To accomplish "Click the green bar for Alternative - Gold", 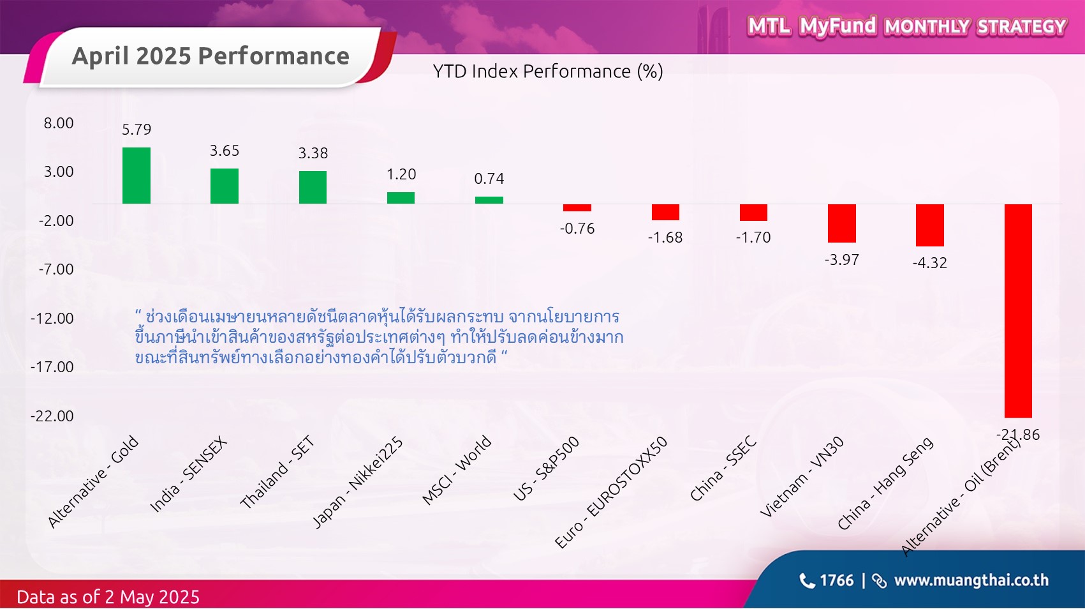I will [x=137, y=176].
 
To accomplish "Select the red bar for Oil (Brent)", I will [x=1018, y=310].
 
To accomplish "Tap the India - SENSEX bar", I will [x=225, y=186].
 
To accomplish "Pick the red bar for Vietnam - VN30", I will [x=842, y=223].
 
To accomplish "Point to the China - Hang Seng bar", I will [x=930, y=225].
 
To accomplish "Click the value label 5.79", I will [x=137, y=130].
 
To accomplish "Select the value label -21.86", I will [x=1018, y=435].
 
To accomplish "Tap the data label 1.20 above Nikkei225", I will [x=401, y=174].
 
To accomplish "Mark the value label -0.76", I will [x=577, y=229].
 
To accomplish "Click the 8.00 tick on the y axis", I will [x=59, y=123].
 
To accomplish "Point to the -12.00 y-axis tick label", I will [x=53, y=318].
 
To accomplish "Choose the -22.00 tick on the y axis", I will [x=53, y=416].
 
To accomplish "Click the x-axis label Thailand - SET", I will [x=277, y=472].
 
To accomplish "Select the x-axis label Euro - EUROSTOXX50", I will [x=611, y=492].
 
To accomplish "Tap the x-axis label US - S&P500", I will [x=546, y=469].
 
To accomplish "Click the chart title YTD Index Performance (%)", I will [x=548, y=71].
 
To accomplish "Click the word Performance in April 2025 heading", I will [x=274, y=56].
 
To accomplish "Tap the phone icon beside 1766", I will [x=807, y=580].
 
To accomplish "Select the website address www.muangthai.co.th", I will [x=971, y=580].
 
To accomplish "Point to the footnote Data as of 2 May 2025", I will [x=108, y=597].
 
